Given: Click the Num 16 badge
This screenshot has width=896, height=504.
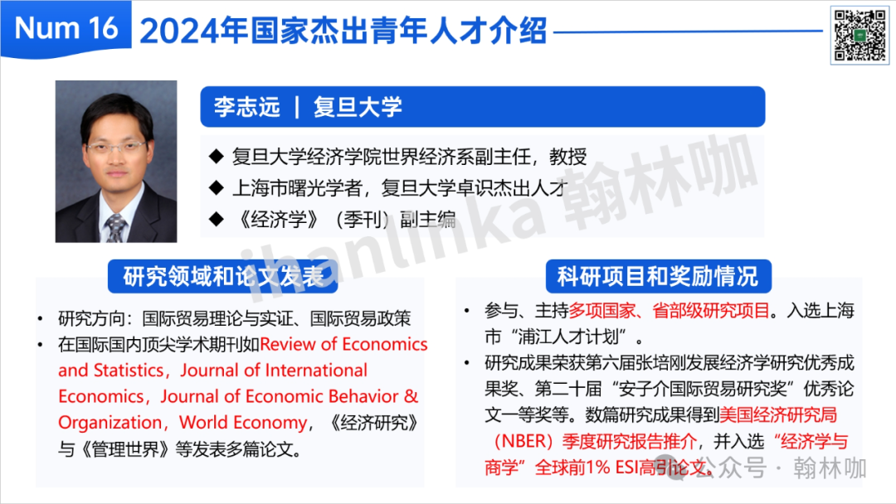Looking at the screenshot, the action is tap(66, 28).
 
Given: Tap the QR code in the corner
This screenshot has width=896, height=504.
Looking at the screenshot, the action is tap(859, 36).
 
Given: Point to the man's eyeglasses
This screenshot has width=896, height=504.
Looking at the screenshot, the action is tap(116, 148).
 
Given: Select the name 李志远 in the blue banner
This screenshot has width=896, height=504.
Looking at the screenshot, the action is tap(247, 107).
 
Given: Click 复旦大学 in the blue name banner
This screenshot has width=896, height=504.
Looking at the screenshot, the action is tap(358, 107).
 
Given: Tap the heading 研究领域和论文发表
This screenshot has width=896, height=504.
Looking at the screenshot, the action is tap(223, 276).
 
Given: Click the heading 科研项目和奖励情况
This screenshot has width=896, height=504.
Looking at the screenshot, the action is tap(658, 276).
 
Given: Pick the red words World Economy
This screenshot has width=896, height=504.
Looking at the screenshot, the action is tap(243, 423).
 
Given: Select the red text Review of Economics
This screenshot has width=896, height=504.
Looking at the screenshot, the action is tap(343, 344).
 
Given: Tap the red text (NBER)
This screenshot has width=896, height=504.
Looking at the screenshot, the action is tap(523, 441).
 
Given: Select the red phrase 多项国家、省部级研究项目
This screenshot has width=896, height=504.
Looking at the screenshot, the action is tap(670, 311).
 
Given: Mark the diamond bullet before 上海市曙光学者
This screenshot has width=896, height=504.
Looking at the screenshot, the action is tap(216, 187).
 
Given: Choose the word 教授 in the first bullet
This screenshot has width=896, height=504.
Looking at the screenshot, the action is tap(568, 157).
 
